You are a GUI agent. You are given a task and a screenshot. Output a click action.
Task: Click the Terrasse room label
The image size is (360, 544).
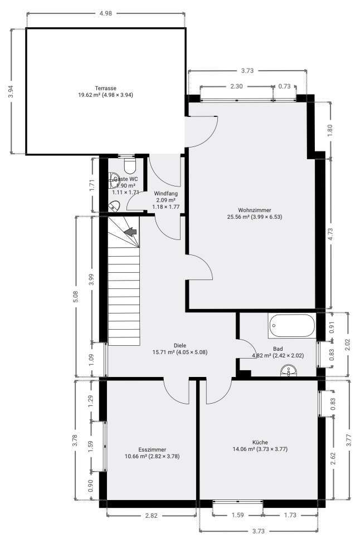tap(105, 92)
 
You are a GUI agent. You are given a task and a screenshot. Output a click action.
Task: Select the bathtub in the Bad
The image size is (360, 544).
tap(291, 326)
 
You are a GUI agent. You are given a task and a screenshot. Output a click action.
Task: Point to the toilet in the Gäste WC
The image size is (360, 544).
tap(130, 165)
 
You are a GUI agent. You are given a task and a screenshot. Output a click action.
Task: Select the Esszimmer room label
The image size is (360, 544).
tap(152, 453)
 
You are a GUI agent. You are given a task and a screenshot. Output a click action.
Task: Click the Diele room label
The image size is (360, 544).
tap(179, 349)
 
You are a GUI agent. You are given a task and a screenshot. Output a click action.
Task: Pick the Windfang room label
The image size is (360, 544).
tap(165, 200)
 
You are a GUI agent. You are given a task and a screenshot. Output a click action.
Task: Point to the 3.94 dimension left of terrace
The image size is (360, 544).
tap(11, 92)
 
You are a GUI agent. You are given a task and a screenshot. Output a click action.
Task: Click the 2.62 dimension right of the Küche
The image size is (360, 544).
tap(333, 458)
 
